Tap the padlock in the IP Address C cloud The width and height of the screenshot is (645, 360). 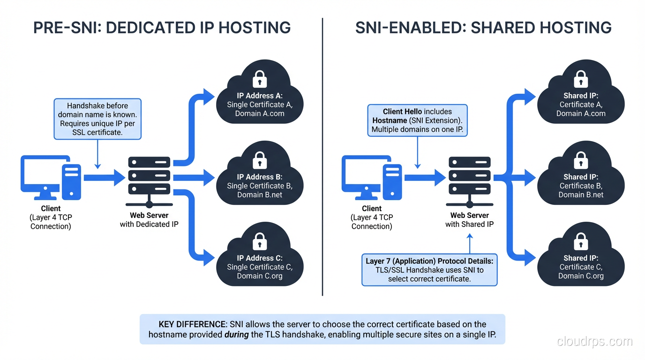[x=259, y=241]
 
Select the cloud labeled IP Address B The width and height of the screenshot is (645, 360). [x=259, y=178]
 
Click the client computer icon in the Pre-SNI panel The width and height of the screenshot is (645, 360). [x=50, y=178]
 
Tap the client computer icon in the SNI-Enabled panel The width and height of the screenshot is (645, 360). [x=371, y=178]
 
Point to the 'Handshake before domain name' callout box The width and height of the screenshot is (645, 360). [x=97, y=119]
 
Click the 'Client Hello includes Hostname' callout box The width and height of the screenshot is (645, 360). [x=417, y=120]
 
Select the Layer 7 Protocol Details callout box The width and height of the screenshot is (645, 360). [x=429, y=270]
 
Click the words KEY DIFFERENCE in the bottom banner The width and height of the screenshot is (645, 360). [x=192, y=324]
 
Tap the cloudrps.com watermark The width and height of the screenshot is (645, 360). [x=594, y=341]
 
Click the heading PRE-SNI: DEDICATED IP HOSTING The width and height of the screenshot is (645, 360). [x=162, y=28]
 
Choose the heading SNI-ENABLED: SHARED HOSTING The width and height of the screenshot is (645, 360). [x=483, y=28]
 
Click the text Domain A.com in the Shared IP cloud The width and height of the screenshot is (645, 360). [x=581, y=113]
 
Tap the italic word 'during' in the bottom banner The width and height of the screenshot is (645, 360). [x=237, y=335]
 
